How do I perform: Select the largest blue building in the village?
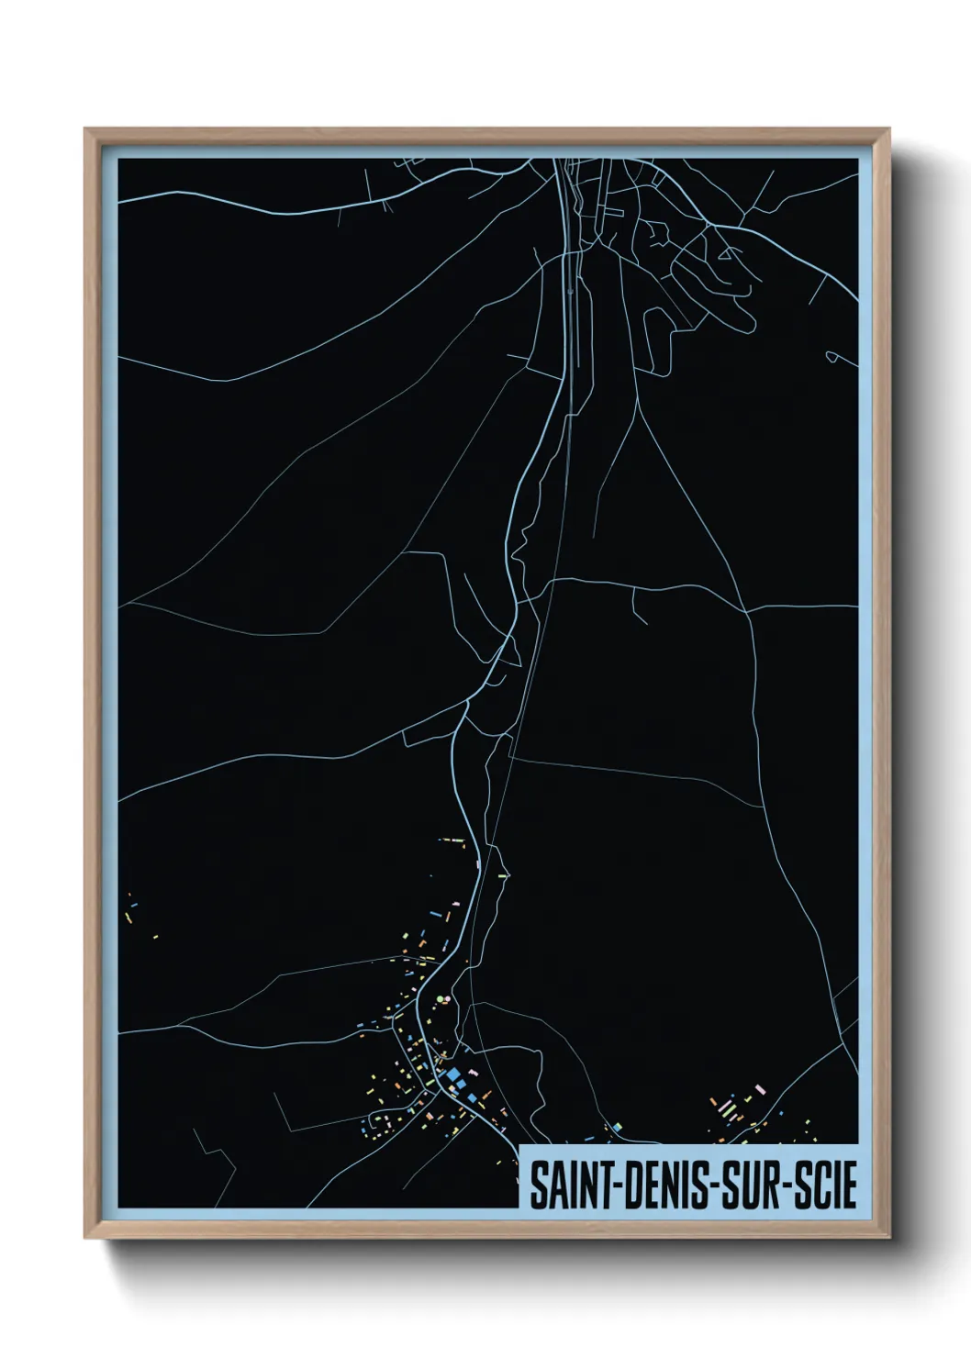tap(452, 1074)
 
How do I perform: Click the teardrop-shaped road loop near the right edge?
tap(832, 356)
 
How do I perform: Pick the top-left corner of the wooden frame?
tap(85, 129)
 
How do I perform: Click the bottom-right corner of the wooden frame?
tap(889, 1238)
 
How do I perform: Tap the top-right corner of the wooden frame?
tap(889, 129)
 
